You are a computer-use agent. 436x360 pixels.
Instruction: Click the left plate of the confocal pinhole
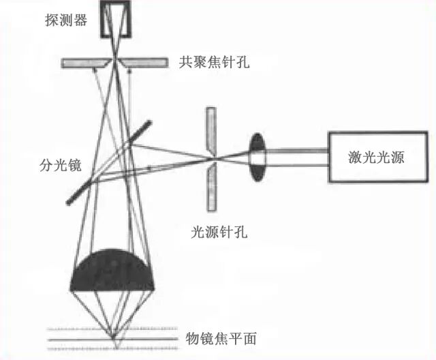[x=85, y=62]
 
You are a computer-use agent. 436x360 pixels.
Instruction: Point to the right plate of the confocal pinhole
[x=144, y=62]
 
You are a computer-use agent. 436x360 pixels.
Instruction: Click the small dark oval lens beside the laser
[x=258, y=156]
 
